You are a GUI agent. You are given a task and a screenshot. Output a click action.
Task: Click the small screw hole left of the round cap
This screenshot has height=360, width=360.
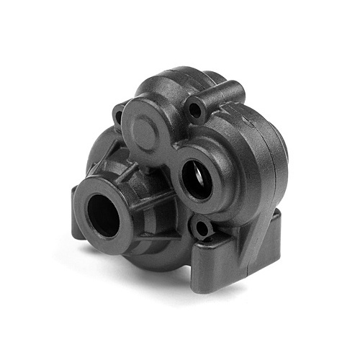pyautogui.click(x=118, y=113)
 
